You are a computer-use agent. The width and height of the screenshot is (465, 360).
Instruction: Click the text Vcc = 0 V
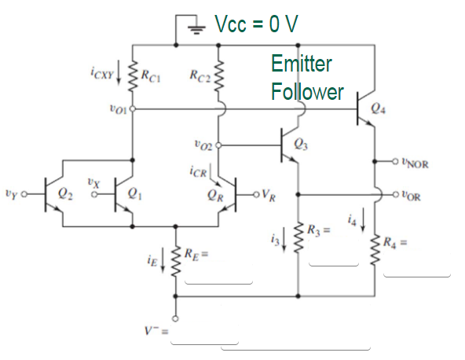257,24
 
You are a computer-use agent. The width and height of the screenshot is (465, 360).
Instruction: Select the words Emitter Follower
307,78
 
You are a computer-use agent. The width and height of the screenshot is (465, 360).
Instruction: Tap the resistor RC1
133,77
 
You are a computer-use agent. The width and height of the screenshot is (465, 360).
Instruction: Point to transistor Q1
126,193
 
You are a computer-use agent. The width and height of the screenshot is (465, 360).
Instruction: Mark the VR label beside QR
269,193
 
